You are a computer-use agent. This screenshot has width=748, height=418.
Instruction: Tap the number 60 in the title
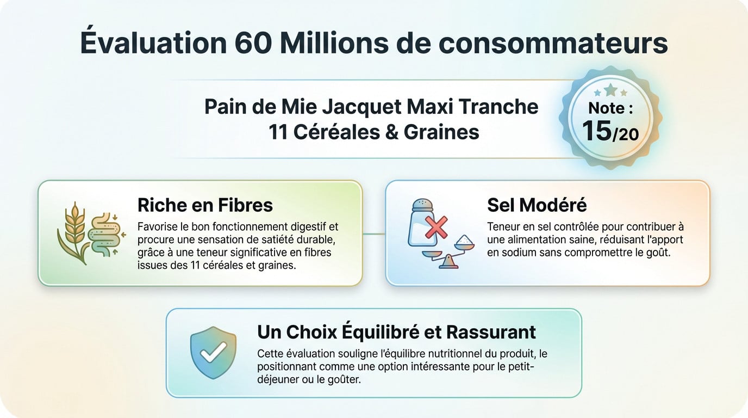coord(253,44)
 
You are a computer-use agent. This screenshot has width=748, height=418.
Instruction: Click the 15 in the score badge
coord(596,131)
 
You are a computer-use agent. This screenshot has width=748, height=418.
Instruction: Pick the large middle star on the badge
coord(610,89)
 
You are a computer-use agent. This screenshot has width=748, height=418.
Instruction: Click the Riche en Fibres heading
coord(205,205)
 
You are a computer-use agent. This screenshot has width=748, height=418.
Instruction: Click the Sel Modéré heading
coord(537,205)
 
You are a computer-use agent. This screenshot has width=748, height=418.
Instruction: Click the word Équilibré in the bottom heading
coord(385,332)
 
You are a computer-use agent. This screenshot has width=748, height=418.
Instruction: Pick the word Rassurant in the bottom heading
coord(491,332)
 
